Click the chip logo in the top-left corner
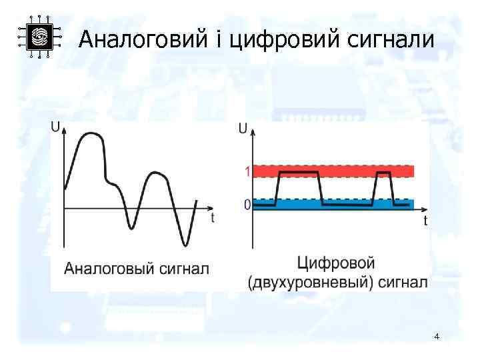(39, 37)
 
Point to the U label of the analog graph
(55, 127)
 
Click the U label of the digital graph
(243, 127)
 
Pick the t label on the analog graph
(213, 217)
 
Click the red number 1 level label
(247, 171)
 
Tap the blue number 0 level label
(247, 205)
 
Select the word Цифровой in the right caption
(336, 263)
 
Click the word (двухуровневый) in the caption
(310, 283)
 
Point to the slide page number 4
(436, 337)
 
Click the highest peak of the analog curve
(91, 133)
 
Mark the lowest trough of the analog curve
(185, 245)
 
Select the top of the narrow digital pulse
(383, 172)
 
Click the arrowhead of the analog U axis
(64, 131)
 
